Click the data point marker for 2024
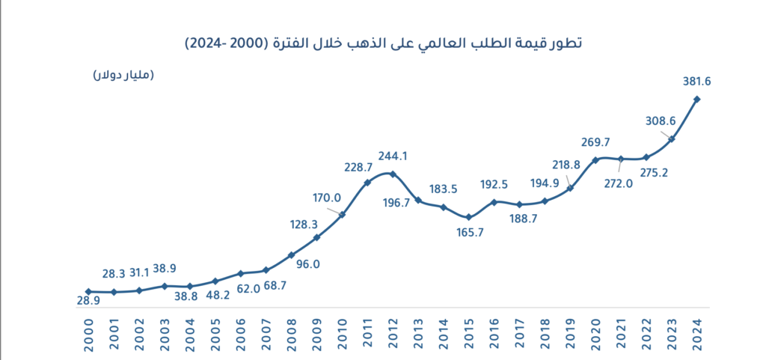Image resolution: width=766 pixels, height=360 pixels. (x=697, y=99)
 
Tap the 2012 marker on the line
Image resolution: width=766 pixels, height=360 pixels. (x=393, y=174)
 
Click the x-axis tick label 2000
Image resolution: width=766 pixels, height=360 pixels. (x=88, y=332)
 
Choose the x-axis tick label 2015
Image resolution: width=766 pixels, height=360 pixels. (x=468, y=332)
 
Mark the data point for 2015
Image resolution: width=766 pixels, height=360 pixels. (x=468, y=217)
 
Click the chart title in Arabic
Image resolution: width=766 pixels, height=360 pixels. (x=382, y=43)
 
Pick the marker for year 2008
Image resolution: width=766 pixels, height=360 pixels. (x=291, y=255)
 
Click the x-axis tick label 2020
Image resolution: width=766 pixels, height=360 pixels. (x=595, y=332)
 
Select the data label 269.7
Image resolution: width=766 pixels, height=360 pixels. (x=595, y=142)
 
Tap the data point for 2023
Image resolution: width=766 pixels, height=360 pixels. (x=672, y=138)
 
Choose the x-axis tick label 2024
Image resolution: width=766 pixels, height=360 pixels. (x=697, y=332)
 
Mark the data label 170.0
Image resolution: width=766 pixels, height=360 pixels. (x=326, y=198)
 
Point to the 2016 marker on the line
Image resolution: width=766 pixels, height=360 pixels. (x=494, y=201)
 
